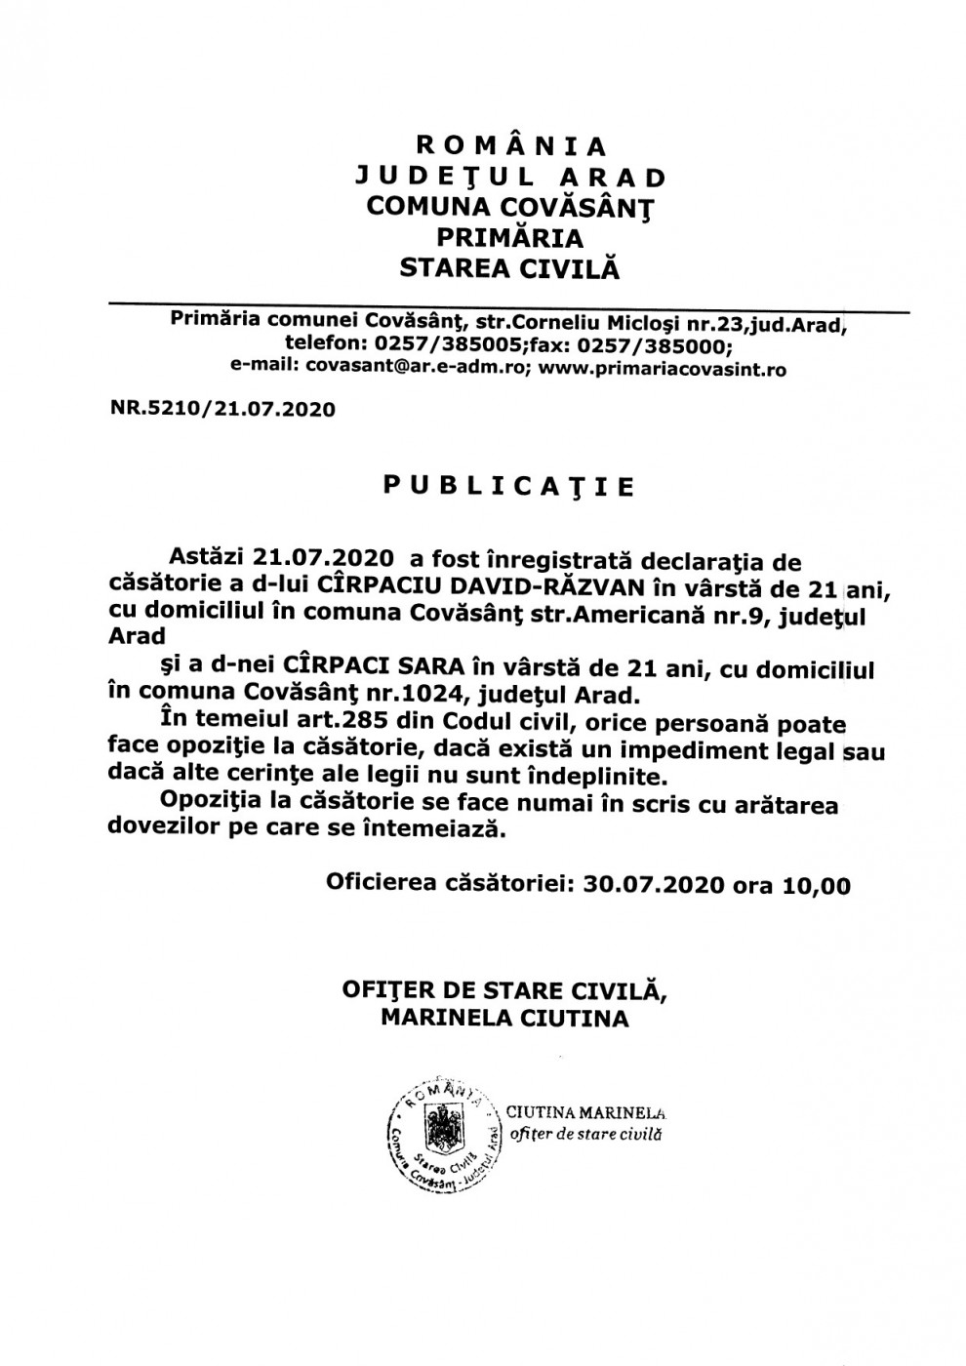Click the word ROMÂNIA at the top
tap(510, 146)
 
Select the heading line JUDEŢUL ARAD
tap(510, 177)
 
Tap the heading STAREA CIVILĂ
tap(509, 267)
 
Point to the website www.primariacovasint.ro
tap(663, 370)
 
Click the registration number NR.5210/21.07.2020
tap(223, 409)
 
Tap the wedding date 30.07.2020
tap(653, 885)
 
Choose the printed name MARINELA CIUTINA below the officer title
tap(504, 1020)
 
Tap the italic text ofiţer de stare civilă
tap(585, 1135)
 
